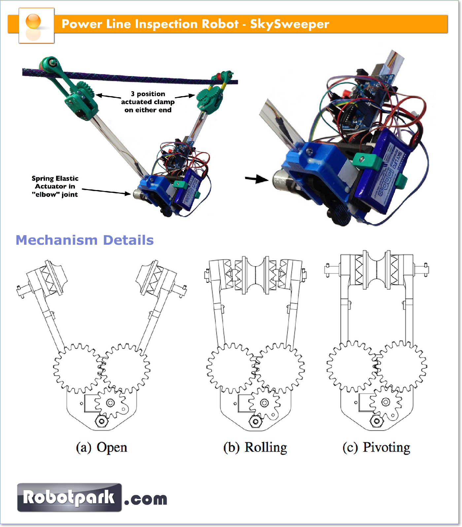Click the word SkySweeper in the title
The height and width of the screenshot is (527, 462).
[x=289, y=24]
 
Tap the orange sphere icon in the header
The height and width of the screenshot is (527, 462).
[x=33, y=22]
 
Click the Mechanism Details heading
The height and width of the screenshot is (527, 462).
[x=85, y=240]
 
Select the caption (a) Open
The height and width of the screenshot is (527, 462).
[x=102, y=448]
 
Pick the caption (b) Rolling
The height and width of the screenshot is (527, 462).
[x=255, y=448]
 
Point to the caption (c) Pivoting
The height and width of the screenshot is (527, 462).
[x=376, y=448]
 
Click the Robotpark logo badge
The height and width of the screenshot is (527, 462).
[x=69, y=497]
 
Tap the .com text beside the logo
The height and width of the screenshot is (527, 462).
[x=146, y=499]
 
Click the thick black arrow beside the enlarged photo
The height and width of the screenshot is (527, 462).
[x=256, y=179]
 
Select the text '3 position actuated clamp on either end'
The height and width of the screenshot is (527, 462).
[x=148, y=102]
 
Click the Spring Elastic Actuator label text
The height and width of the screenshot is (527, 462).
[x=55, y=186]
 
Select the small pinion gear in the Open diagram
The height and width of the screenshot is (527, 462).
[x=110, y=403]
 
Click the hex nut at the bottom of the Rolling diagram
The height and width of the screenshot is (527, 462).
[x=255, y=421]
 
